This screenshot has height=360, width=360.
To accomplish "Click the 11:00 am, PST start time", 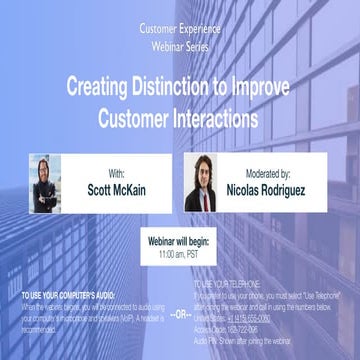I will click(180, 256).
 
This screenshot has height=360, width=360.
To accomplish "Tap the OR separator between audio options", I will click(179, 314).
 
